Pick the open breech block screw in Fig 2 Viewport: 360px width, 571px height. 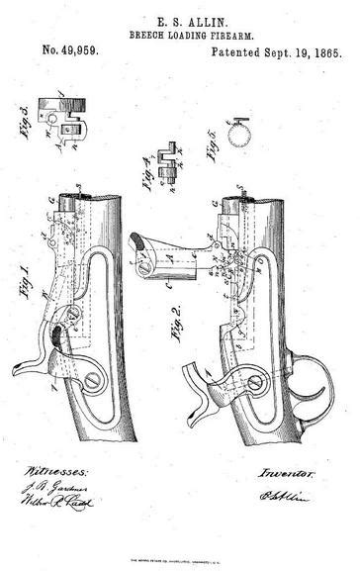(147, 263)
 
